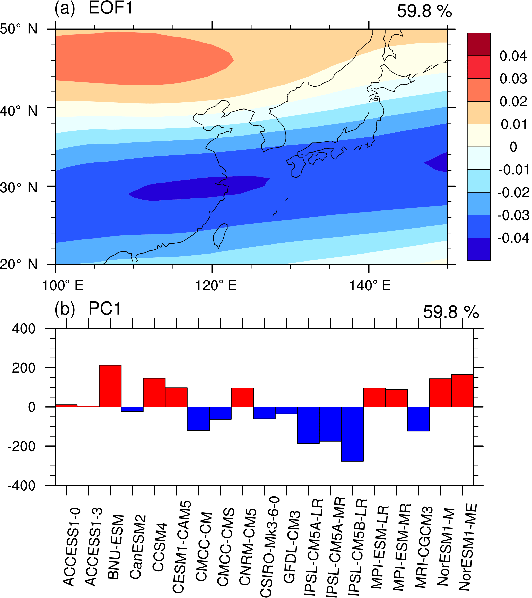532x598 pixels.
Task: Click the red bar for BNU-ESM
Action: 110,386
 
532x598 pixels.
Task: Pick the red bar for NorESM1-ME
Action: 462,391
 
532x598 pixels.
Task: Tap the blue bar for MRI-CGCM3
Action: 418,419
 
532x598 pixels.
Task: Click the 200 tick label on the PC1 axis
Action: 24,368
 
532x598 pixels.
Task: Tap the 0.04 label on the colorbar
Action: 513,56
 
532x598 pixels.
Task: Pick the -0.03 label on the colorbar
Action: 513,215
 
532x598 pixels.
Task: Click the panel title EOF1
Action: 110,8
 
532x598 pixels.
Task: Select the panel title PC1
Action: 105,308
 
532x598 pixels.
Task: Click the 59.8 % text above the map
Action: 424,11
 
